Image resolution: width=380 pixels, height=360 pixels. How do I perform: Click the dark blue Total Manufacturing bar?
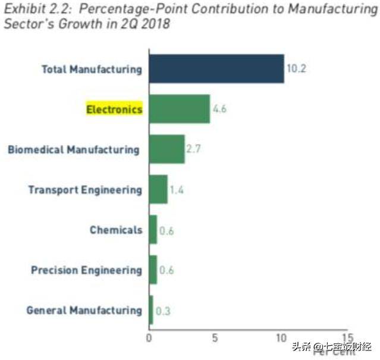click(216, 69)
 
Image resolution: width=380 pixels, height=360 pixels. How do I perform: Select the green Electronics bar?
click(179, 109)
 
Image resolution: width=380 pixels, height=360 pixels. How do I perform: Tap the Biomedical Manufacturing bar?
click(167, 149)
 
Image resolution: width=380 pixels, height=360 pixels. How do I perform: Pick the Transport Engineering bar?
click(158, 190)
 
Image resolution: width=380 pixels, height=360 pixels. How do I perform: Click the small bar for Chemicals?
click(153, 230)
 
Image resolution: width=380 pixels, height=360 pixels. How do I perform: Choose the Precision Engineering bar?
click(153, 270)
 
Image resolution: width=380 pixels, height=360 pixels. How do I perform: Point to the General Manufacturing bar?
click(151, 310)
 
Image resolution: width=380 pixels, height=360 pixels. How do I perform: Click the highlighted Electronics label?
click(114, 109)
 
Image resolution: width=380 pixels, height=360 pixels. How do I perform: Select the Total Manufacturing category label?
click(92, 69)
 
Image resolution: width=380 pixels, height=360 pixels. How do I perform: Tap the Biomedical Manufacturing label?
click(73, 149)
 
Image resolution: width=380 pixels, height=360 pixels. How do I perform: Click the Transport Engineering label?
click(85, 190)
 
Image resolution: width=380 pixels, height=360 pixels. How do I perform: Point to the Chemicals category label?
click(116, 230)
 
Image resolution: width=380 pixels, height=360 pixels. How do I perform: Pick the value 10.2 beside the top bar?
click(296, 69)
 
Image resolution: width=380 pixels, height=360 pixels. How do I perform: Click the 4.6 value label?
click(220, 109)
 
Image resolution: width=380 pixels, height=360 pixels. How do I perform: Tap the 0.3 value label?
click(163, 311)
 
